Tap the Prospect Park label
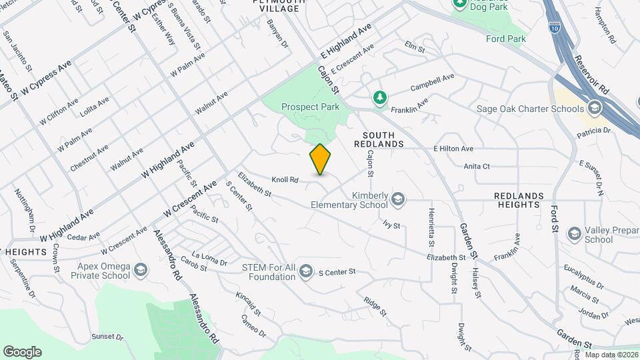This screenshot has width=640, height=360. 310,107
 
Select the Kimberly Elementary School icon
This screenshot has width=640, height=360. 398,198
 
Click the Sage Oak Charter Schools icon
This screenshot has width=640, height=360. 595,109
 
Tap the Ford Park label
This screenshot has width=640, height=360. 506,39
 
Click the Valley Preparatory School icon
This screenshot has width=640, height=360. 574,233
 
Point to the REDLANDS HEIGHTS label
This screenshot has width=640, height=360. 528,201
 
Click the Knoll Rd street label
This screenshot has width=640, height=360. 284,179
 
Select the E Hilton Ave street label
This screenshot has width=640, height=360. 453,149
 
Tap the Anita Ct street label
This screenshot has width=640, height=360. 477,166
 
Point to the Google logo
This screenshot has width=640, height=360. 22,352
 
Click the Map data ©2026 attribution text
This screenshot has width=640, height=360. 611,355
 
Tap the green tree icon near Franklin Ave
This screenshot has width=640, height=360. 379,98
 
